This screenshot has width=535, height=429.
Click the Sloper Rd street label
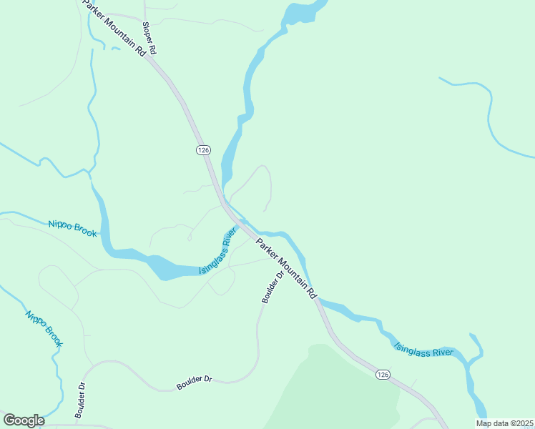[149, 39]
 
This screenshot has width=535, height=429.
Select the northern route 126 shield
[203, 149]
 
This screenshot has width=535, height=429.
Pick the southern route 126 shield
[383, 375]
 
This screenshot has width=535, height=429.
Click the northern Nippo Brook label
[72, 229]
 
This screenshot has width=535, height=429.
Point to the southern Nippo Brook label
[44, 328]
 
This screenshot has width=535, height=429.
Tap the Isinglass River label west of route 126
[217, 251]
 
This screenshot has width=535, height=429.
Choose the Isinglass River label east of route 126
[424, 350]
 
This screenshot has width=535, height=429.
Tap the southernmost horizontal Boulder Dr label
[195, 383]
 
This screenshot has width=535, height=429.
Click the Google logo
[24, 420]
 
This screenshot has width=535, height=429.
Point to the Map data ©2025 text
[504, 423]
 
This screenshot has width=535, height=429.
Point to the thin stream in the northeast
[491, 114]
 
